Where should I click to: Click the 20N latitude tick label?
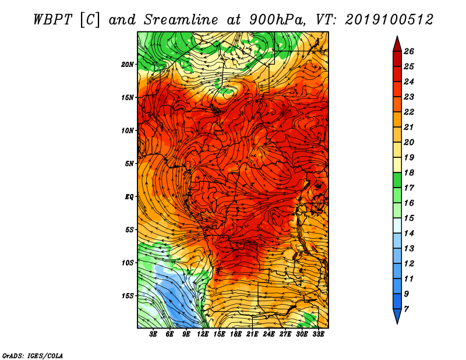[128, 64]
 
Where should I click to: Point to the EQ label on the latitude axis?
[129, 196]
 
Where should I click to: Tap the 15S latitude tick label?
[128, 296]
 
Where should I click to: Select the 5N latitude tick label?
[129, 164]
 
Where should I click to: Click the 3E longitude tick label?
[153, 334]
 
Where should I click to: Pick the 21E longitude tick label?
[252, 334]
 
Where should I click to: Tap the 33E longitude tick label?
[318, 334]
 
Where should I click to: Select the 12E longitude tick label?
[203, 334]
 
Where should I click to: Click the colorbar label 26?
[409, 51]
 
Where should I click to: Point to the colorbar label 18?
[409, 172]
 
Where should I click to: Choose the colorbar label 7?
[406, 309]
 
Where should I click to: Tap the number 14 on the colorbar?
[409, 234]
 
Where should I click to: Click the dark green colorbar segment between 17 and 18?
[397, 180]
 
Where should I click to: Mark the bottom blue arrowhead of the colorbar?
[397, 316]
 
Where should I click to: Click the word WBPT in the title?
[52, 20]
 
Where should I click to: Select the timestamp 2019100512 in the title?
[389, 20]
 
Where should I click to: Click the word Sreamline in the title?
[181, 20]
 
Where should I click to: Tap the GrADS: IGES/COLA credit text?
[33, 355]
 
